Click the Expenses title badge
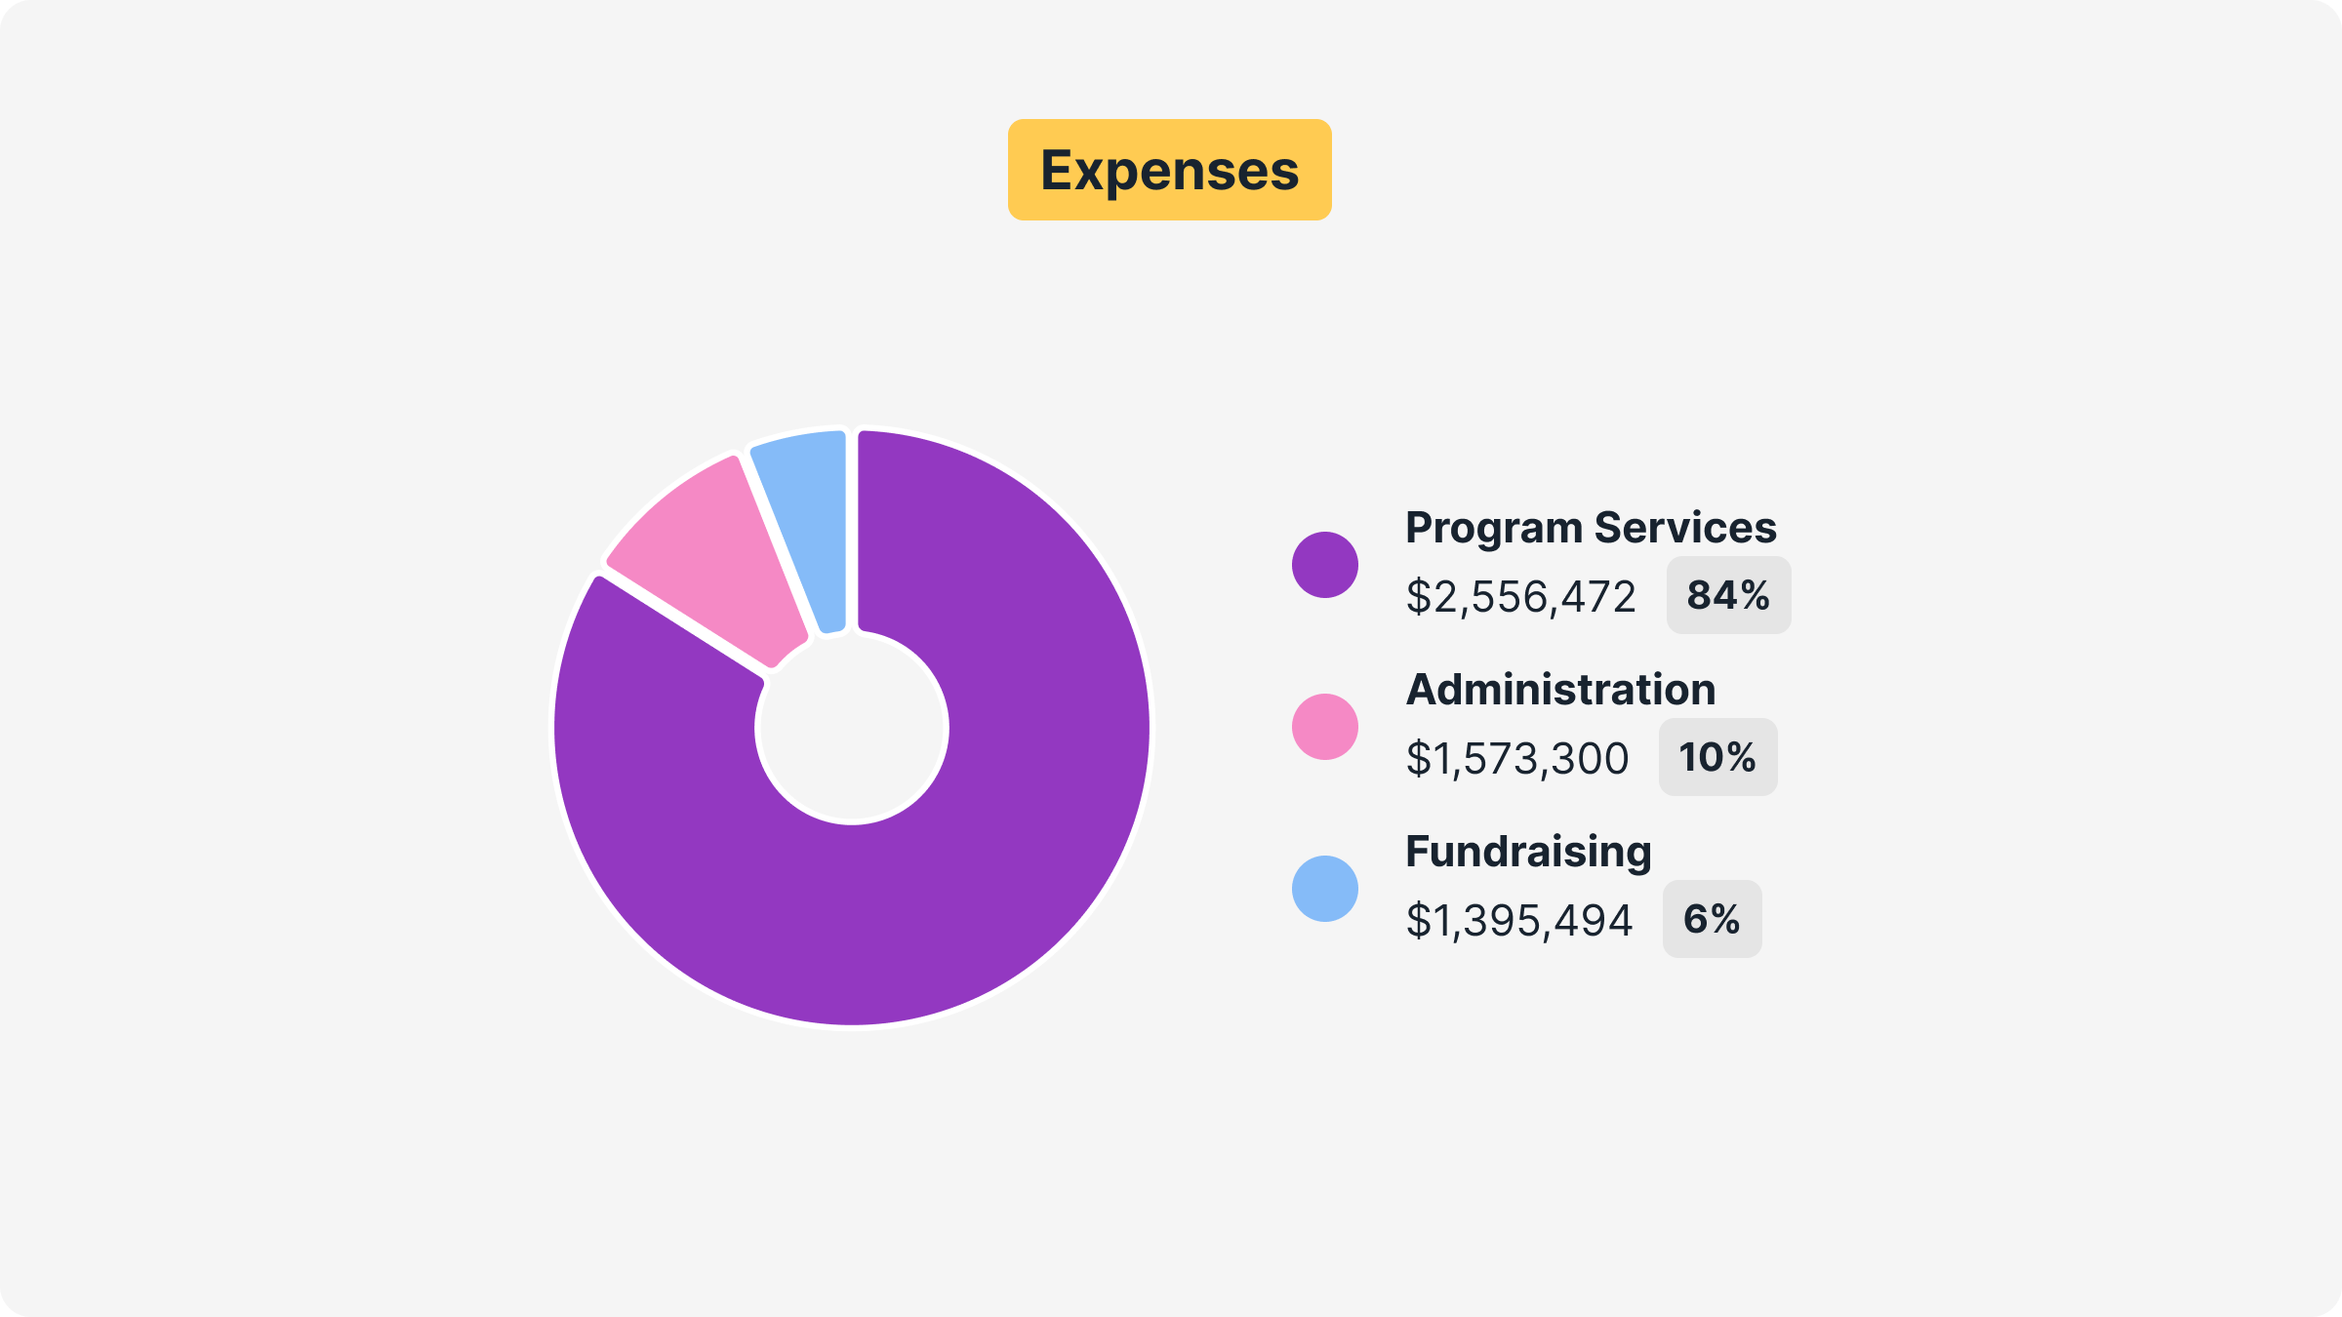[1169, 170]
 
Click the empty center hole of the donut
[851, 728]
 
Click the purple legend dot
[1324, 565]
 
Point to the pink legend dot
[1324, 727]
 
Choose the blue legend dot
[1324, 889]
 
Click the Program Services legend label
[1591, 528]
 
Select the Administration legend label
[1560, 690]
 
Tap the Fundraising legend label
[1528, 852]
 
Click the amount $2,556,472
[1520, 597]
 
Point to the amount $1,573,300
[1517, 759]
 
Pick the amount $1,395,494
[1518, 921]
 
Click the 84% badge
[1728, 595]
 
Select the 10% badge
[1717, 757]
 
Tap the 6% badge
[1712, 919]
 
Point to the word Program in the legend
[1494, 528]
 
